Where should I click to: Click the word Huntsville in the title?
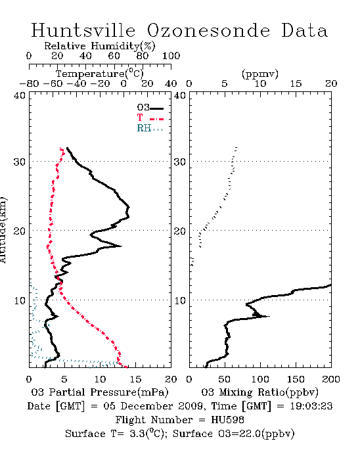coord(83,30)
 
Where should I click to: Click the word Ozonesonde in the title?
coord(208,30)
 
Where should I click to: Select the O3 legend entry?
coord(150,108)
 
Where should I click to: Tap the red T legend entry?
coord(150,118)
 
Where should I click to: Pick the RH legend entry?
coord(150,129)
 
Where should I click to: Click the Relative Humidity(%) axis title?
coord(100,46)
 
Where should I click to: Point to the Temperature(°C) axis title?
coord(100,74)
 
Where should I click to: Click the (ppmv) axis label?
coord(259,74)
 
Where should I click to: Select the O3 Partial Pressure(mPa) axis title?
coord(100,392)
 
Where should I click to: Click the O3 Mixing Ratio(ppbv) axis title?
coord(259,392)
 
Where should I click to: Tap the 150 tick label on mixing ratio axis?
coord(296,379)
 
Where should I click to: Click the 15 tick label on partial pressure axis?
coord(135,379)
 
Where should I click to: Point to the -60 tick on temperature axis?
coord(53,84)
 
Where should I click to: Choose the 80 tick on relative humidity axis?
coord(143,56)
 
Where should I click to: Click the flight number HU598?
coord(227,420)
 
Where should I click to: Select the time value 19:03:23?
coord(311,406)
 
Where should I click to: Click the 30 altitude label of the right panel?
coord(180,162)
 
